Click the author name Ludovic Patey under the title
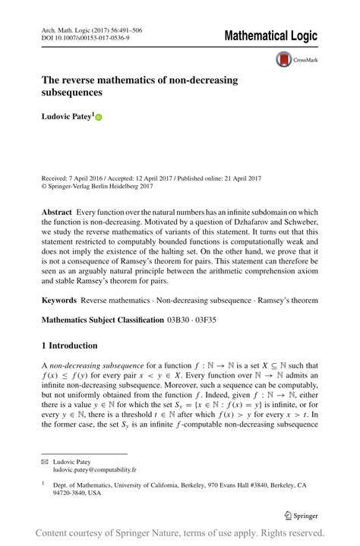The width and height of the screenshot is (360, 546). [x=67, y=118]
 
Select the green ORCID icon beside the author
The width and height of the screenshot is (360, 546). [x=98, y=118]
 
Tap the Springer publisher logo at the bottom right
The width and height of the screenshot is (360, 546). [x=301, y=515]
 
